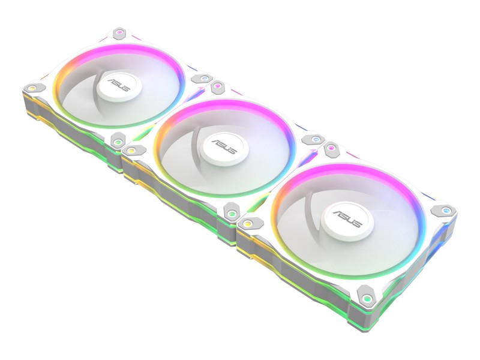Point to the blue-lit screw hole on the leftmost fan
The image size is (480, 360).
click(x=204, y=79)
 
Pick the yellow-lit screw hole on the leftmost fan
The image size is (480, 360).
click(x=32, y=88)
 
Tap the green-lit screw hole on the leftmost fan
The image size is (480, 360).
click(x=117, y=142)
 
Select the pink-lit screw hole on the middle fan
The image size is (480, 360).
click(x=218, y=86)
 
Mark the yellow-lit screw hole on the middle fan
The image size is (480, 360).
click(x=131, y=151)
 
